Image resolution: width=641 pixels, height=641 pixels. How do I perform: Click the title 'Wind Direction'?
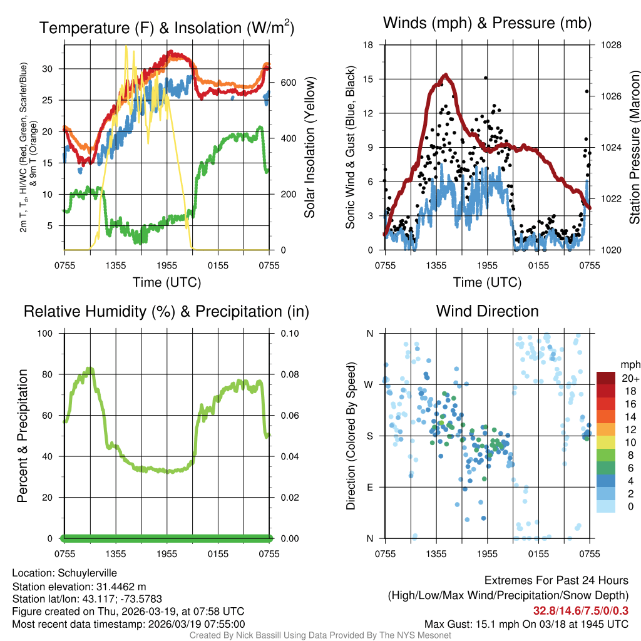(x=487, y=311)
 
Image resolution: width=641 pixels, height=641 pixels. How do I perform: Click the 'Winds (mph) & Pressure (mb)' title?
(x=487, y=24)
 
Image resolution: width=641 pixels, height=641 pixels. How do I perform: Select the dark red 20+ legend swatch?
(x=606, y=378)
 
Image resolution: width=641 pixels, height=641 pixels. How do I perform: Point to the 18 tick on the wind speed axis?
(x=368, y=45)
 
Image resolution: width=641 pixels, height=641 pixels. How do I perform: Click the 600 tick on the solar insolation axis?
(x=287, y=83)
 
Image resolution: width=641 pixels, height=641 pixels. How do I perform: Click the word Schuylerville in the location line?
(x=87, y=573)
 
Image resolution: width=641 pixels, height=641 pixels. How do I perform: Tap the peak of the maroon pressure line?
(x=445, y=74)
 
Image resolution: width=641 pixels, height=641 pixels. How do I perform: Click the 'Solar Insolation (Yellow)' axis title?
(x=309, y=148)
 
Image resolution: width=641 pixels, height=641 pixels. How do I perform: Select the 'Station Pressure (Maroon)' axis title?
(x=634, y=148)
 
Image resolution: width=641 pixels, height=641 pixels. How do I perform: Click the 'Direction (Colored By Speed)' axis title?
(x=351, y=436)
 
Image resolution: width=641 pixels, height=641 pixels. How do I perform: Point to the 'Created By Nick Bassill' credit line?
(x=320, y=635)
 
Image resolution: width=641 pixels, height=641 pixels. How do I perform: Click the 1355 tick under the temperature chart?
(x=116, y=265)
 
